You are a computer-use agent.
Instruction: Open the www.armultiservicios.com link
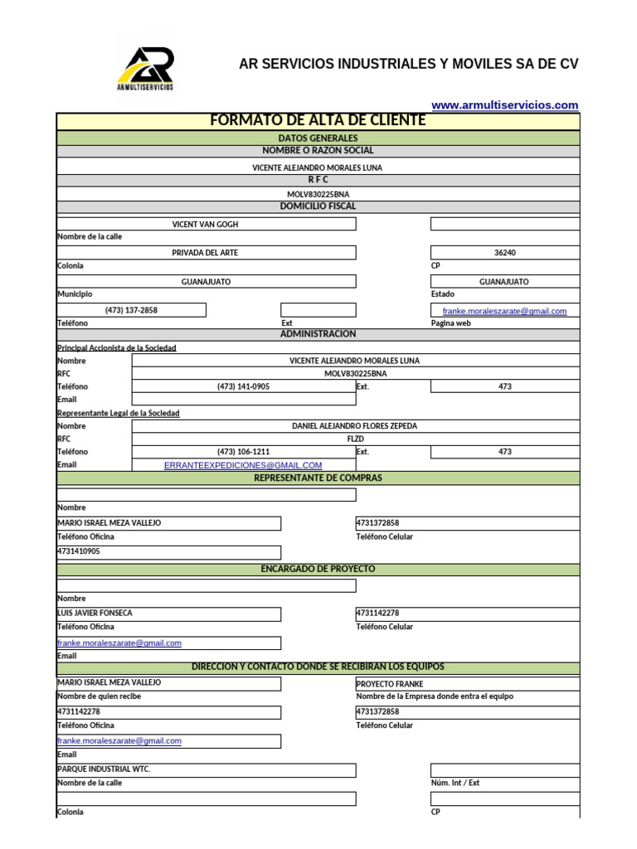(x=504, y=105)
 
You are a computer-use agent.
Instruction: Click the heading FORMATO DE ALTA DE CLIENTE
(x=318, y=121)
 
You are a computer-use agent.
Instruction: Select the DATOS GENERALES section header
(x=318, y=138)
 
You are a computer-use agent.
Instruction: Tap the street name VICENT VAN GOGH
(x=205, y=224)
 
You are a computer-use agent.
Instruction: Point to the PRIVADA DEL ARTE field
(x=205, y=253)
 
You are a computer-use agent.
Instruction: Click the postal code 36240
(x=504, y=253)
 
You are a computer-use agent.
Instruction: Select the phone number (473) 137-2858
(x=131, y=310)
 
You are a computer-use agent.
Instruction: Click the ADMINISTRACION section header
(x=318, y=334)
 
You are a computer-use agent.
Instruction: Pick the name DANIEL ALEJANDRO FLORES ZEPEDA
(x=354, y=425)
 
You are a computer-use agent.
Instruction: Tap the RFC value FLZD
(x=355, y=439)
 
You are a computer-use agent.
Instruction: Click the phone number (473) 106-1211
(x=243, y=452)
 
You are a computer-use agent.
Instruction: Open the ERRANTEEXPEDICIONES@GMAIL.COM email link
(x=243, y=465)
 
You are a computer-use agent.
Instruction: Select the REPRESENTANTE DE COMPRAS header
(x=318, y=478)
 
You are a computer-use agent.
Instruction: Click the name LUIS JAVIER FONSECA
(x=95, y=614)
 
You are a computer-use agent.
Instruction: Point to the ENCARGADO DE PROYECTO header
(x=318, y=570)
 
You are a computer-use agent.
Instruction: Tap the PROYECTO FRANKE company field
(x=390, y=684)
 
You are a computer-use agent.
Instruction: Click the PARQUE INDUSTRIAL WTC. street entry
(x=104, y=769)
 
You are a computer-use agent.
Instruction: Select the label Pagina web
(x=450, y=323)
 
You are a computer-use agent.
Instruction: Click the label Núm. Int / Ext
(x=455, y=783)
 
